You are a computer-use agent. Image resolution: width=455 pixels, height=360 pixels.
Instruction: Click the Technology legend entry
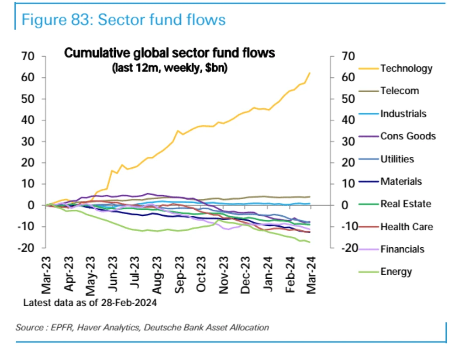406,69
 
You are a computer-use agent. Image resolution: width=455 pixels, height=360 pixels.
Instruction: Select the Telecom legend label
399,91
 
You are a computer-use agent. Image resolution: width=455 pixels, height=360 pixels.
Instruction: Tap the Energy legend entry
396,272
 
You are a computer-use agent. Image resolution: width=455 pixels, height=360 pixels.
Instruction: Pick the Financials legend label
402,249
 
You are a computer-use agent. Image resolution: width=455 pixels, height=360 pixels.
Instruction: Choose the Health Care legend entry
407,227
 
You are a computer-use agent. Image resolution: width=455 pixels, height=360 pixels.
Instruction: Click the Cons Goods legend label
408,136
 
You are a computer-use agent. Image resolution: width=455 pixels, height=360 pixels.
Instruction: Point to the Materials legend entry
401,181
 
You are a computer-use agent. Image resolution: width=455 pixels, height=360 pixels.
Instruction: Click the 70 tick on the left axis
28,56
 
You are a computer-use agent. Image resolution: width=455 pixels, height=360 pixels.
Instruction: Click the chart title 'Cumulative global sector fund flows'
170,54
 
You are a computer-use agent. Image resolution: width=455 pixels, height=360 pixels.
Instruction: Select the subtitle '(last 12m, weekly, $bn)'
170,68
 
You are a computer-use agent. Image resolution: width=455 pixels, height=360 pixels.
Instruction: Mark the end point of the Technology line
310,73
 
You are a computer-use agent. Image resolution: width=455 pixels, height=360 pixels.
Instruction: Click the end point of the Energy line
310,242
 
